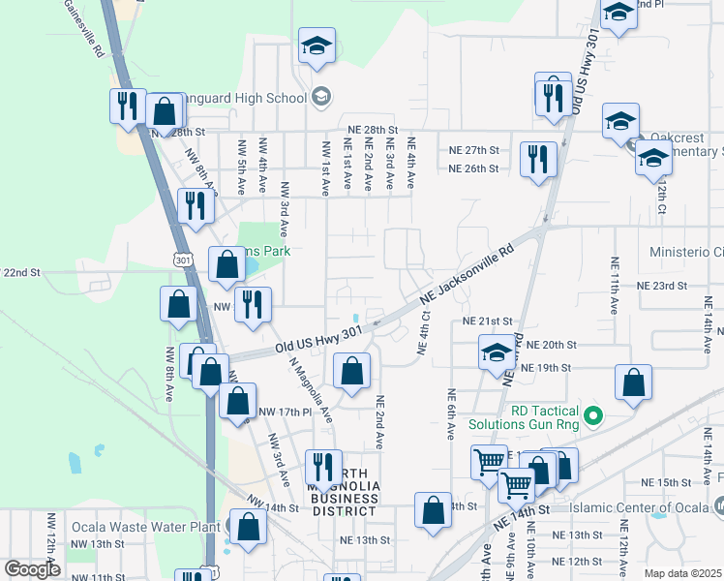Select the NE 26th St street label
click(473, 168)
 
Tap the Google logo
click(32, 569)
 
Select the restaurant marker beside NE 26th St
click(538, 160)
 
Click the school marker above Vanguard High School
click(316, 46)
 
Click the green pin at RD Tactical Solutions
click(595, 417)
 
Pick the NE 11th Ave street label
click(614, 287)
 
